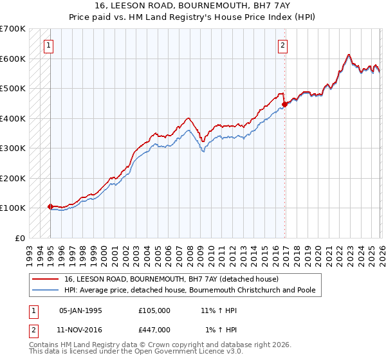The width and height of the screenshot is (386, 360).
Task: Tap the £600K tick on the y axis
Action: (x=13, y=59)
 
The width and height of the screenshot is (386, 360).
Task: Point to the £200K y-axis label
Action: (x=13, y=178)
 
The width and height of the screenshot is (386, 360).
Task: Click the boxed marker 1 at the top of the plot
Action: (x=50, y=45)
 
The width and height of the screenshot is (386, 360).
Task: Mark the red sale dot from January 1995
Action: (x=50, y=206)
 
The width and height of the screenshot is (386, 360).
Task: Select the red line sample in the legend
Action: (x=46, y=280)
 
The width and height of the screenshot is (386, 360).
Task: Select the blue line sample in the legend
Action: (x=46, y=290)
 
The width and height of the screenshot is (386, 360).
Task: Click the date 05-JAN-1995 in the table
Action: (x=80, y=310)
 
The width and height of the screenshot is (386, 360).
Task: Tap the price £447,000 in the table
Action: (x=154, y=330)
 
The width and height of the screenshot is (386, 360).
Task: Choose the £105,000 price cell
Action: (x=154, y=310)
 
